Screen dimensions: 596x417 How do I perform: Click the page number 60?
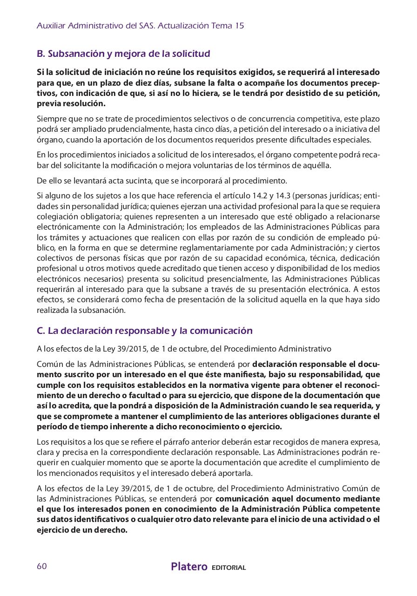[x=41, y=566]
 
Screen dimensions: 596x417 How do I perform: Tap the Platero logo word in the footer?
[x=189, y=567]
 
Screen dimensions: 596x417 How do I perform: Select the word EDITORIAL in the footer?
[x=229, y=568]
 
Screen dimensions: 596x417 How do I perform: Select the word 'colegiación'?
[x=58, y=217]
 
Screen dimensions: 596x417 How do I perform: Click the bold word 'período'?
[x=52, y=426]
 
